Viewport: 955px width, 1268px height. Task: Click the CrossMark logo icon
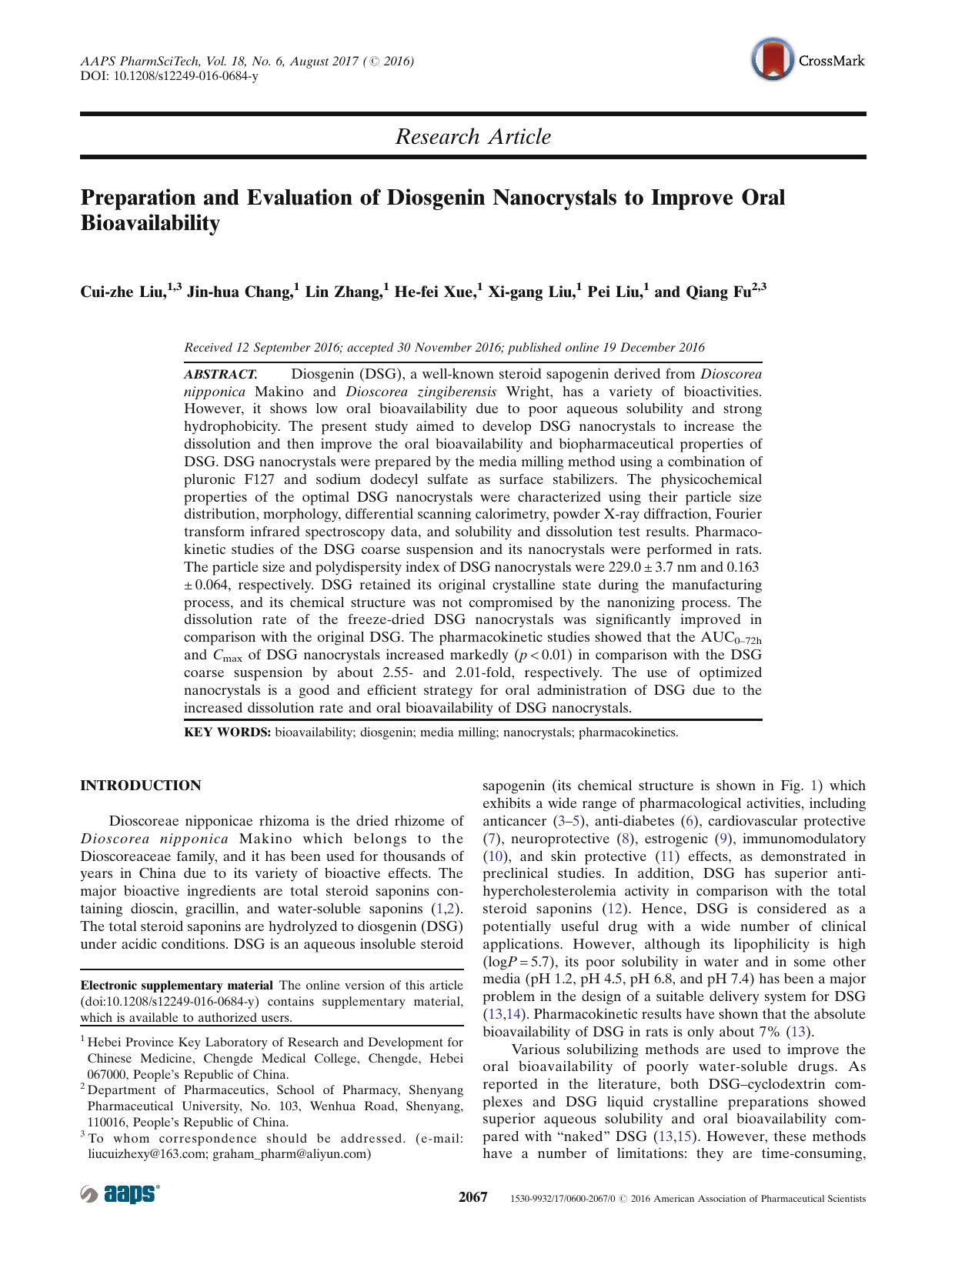[x=772, y=59]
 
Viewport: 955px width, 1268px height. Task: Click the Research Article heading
[x=472, y=137]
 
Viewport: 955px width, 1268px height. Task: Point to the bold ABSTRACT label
[x=220, y=374]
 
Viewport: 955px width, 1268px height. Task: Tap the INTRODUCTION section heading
[x=141, y=786]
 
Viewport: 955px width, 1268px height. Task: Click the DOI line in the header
[x=169, y=76]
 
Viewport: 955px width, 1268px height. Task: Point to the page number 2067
[x=473, y=1197]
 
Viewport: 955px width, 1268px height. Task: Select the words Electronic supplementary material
[x=177, y=985]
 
